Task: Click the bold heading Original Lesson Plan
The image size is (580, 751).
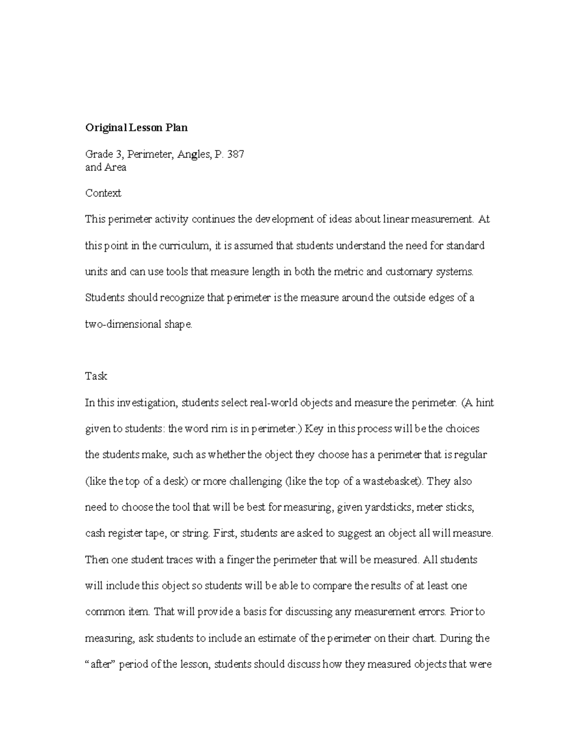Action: (x=136, y=128)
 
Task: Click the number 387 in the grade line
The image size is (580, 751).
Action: (x=235, y=155)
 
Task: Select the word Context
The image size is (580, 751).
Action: (x=103, y=193)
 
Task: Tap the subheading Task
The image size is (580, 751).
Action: (x=96, y=376)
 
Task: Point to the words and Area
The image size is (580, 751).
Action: (x=105, y=167)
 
